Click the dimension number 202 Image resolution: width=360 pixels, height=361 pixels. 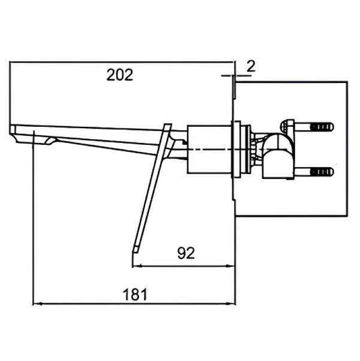(x=120, y=75)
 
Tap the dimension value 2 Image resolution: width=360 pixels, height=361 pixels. (x=251, y=66)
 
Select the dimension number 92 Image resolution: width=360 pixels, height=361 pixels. (x=186, y=253)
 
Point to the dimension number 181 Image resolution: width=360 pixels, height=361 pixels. (x=135, y=294)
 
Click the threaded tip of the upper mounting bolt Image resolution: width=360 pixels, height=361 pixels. (x=322, y=127)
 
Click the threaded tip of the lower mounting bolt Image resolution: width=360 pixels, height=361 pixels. (x=322, y=172)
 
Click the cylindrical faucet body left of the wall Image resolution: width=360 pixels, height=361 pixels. (x=209, y=149)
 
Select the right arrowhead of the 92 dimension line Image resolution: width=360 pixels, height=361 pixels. (x=231, y=266)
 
